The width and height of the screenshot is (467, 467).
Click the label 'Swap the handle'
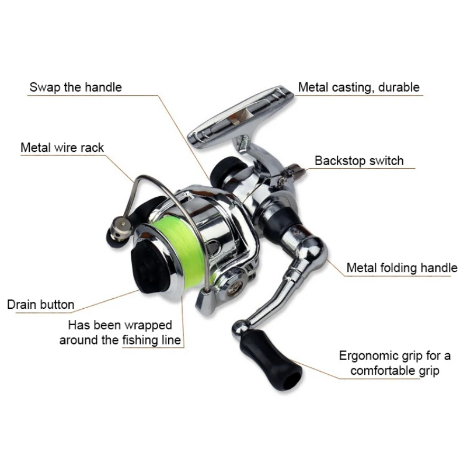pyautogui.click(x=76, y=88)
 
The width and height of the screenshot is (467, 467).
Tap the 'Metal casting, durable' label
pyautogui.click(x=358, y=88)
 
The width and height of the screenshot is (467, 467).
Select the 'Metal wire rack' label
pyautogui.click(x=62, y=147)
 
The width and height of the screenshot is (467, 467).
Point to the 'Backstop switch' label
pyautogui.click(x=359, y=161)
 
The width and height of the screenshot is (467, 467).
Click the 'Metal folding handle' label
pyautogui.click(x=402, y=268)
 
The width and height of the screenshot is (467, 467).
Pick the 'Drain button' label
pyautogui.click(x=40, y=304)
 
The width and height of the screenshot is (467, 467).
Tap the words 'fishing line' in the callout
pyautogui.click(x=152, y=340)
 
